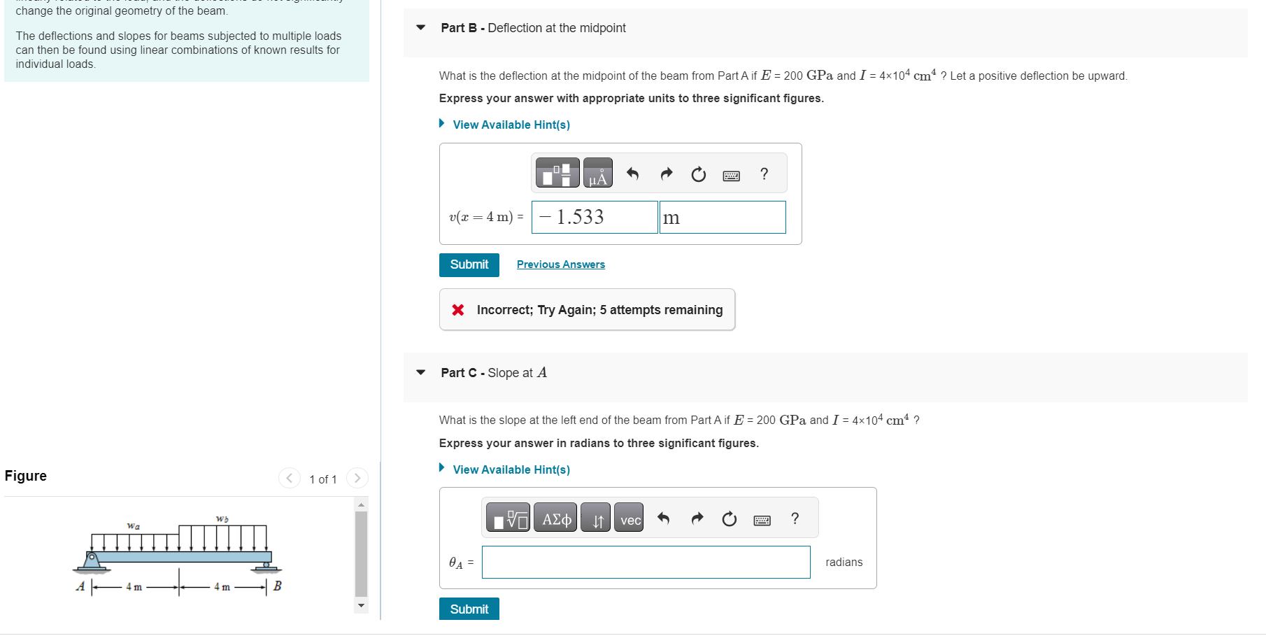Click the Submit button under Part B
click(469, 264)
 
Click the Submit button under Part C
click(469, 609)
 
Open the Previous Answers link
click(560, 264)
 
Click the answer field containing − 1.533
click(594, 217)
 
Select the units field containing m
click(722, 217)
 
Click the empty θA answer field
click(645, 562)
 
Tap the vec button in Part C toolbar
click(630, 518)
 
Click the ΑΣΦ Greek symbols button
click(555, 518)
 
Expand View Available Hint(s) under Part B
click(511, 125)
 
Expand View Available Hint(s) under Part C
click(511, 469)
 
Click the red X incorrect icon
click(458, 310)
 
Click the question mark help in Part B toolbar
click(764, 174)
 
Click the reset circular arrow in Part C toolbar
click(729, 518)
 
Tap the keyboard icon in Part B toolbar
click(731, 175)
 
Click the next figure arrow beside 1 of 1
click(357, 478)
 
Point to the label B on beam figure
click(278, 586)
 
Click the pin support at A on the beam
click(92, 560)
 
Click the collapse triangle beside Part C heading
click(420, 372)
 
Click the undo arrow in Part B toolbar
click(632, 174)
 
